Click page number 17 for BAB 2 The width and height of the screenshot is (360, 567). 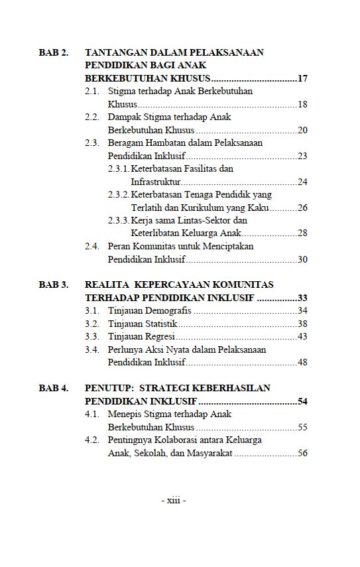pos(302,79)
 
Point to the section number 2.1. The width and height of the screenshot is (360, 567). pos(92,92)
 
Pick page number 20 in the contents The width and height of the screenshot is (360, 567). pos(302,130)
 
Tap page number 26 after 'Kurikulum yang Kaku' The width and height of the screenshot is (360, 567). pos(302,208)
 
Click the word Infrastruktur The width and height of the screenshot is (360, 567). pos(155,182)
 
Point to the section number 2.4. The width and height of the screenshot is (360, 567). pos(92,247)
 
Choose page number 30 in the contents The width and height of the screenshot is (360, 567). pos(302,259)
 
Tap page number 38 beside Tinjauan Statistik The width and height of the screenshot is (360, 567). pos(302,324)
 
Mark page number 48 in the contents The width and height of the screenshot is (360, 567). pos(302,362)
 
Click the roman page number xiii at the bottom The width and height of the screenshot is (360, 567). pos(174,501)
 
